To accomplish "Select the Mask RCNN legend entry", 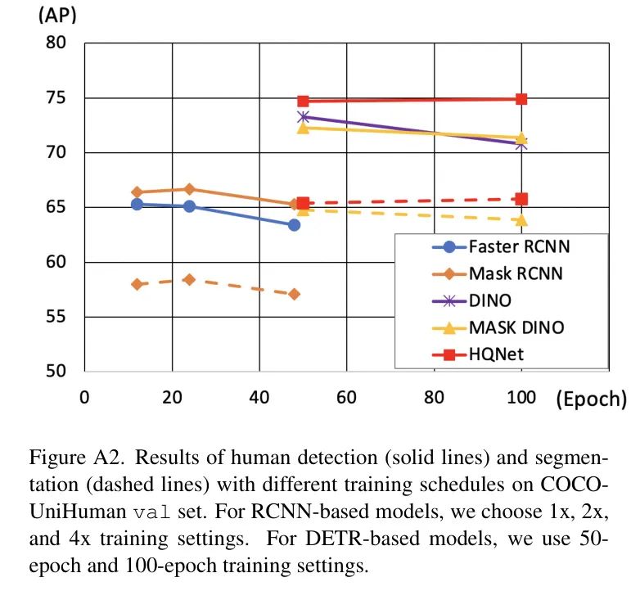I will (x=516, y=273).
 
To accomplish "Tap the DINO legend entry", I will (x=490, y=301).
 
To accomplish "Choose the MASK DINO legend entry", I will (x=516, y=328).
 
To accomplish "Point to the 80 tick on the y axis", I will (x=56, y=43).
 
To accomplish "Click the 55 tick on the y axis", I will (x=56, y=317).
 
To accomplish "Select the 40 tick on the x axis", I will (x=259, y=398).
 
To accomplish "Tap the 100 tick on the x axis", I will (x=521, y=398).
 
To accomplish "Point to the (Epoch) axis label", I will (x=590, y=399).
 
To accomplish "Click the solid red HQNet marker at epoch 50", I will (x=303, y=102).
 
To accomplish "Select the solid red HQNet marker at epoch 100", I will (x=521, y=99).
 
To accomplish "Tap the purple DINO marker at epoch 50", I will (x=303, y=116).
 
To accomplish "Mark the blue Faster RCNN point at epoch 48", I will (x=294, y=224).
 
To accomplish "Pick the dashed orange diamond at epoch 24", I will (x=189, y=279).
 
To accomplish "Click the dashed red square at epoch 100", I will (x=521, y=199).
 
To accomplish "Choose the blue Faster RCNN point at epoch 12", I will (x=137, y=204).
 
